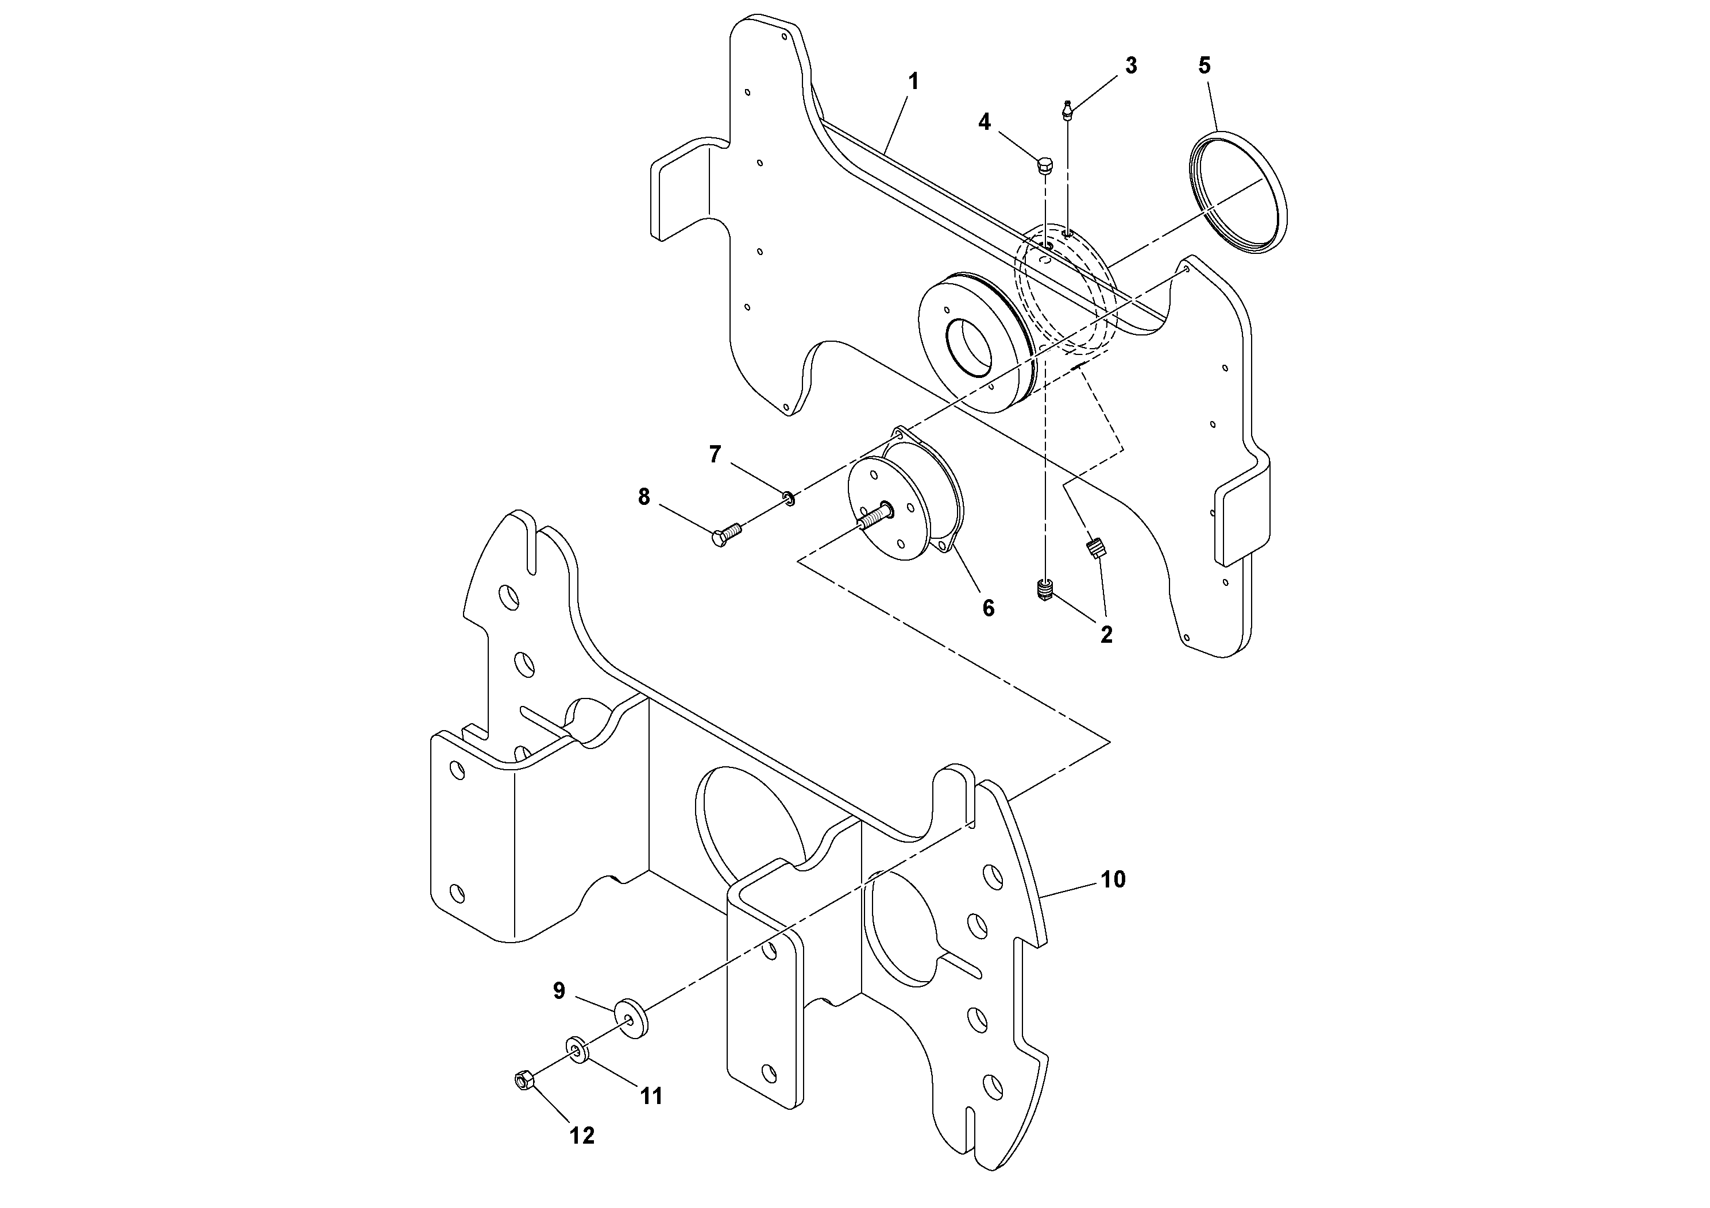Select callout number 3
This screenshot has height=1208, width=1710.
coord(1130,65)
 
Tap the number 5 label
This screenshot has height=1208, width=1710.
coord(1205,65)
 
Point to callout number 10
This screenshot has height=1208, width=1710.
coord(1113,879)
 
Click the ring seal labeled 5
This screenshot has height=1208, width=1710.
coord(1238,193)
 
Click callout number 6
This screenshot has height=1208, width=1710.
coord(987,608)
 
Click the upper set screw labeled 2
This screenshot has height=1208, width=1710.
coord(1097,550)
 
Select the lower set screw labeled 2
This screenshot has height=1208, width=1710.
coord(1045,591)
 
